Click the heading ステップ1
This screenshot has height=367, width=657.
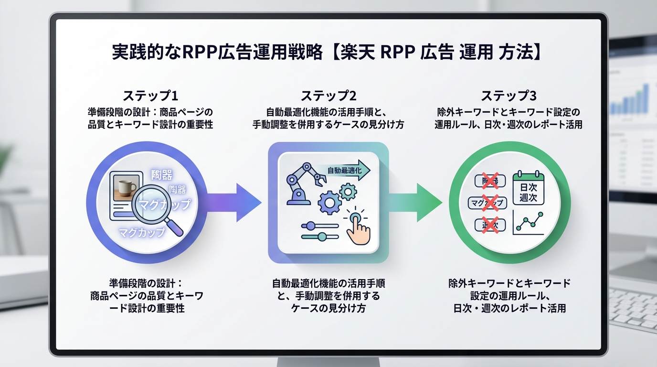coord(150,96)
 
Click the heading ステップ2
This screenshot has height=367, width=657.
coord(328,96)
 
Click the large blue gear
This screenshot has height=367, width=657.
coord(329,204)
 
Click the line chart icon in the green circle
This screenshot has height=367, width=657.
coord(528,223)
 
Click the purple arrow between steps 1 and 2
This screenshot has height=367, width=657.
coord(234,203)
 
